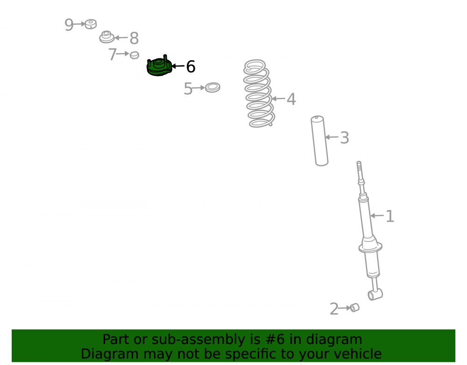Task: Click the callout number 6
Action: click(191, 66)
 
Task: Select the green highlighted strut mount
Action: click(159, 66)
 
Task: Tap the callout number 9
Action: click(69, 24)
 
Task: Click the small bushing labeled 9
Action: click(91, 24)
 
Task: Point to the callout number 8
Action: click(134, 38)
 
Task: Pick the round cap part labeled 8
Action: click(106, 37)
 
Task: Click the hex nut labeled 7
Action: click(134, 55)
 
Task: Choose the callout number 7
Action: click(112, 55)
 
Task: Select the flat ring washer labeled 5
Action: click(212, 87)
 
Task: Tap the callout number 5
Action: click(188, 89)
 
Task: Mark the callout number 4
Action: click(291, 99)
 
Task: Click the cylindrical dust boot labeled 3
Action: click(319, 141)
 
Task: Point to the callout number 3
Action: click(345, 138)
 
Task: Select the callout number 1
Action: click(390, 216)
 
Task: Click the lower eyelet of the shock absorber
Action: click(375, 295)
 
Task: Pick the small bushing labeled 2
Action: click(354, 308)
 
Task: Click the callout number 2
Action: click(334, 309)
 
